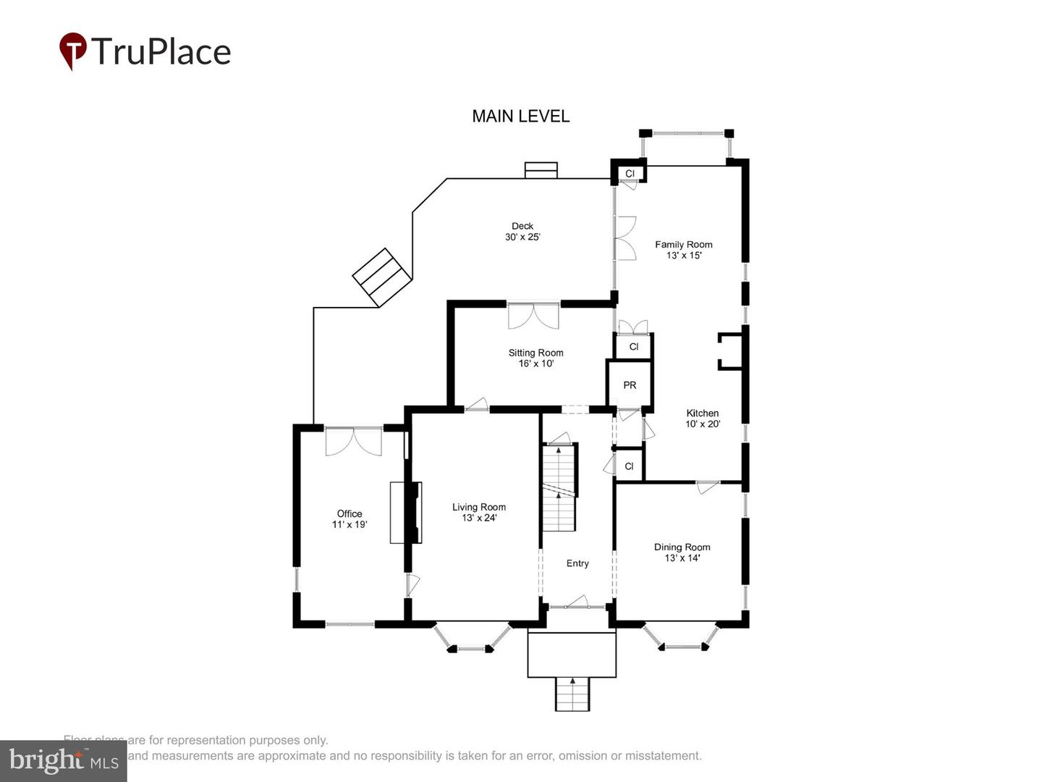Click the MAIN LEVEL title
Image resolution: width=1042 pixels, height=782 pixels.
click(x=520, y=116)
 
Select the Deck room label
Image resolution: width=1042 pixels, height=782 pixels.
click(x=522, y=226)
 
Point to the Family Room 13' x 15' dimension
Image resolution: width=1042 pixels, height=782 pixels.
click(x=684, y=256)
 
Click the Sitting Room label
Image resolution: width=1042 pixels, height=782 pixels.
click(x=535, y=353)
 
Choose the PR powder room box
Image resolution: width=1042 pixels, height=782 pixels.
click(x=630, y=385)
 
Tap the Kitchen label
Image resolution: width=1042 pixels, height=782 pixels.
click(x=702, y=413)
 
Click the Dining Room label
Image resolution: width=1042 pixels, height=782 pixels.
click(x=682, y=547)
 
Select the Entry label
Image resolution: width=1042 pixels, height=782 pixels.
click(x=577, y=563)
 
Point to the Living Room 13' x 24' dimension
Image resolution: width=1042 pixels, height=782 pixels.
click(x=479, y=518)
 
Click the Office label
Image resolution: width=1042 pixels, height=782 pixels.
click(x=349, y=513)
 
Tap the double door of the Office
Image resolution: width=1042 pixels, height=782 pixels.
click(x=353, y=441)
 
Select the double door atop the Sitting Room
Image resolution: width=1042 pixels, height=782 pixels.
click(x=533, y=316)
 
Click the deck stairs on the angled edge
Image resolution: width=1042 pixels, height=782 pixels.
click(x=382, y=277)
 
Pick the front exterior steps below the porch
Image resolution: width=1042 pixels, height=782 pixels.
click(x=572, y=694)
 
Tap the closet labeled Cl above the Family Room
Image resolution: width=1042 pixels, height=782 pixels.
click(x=630, y=174)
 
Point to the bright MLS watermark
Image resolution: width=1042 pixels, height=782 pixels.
click(x=64, y=760)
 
